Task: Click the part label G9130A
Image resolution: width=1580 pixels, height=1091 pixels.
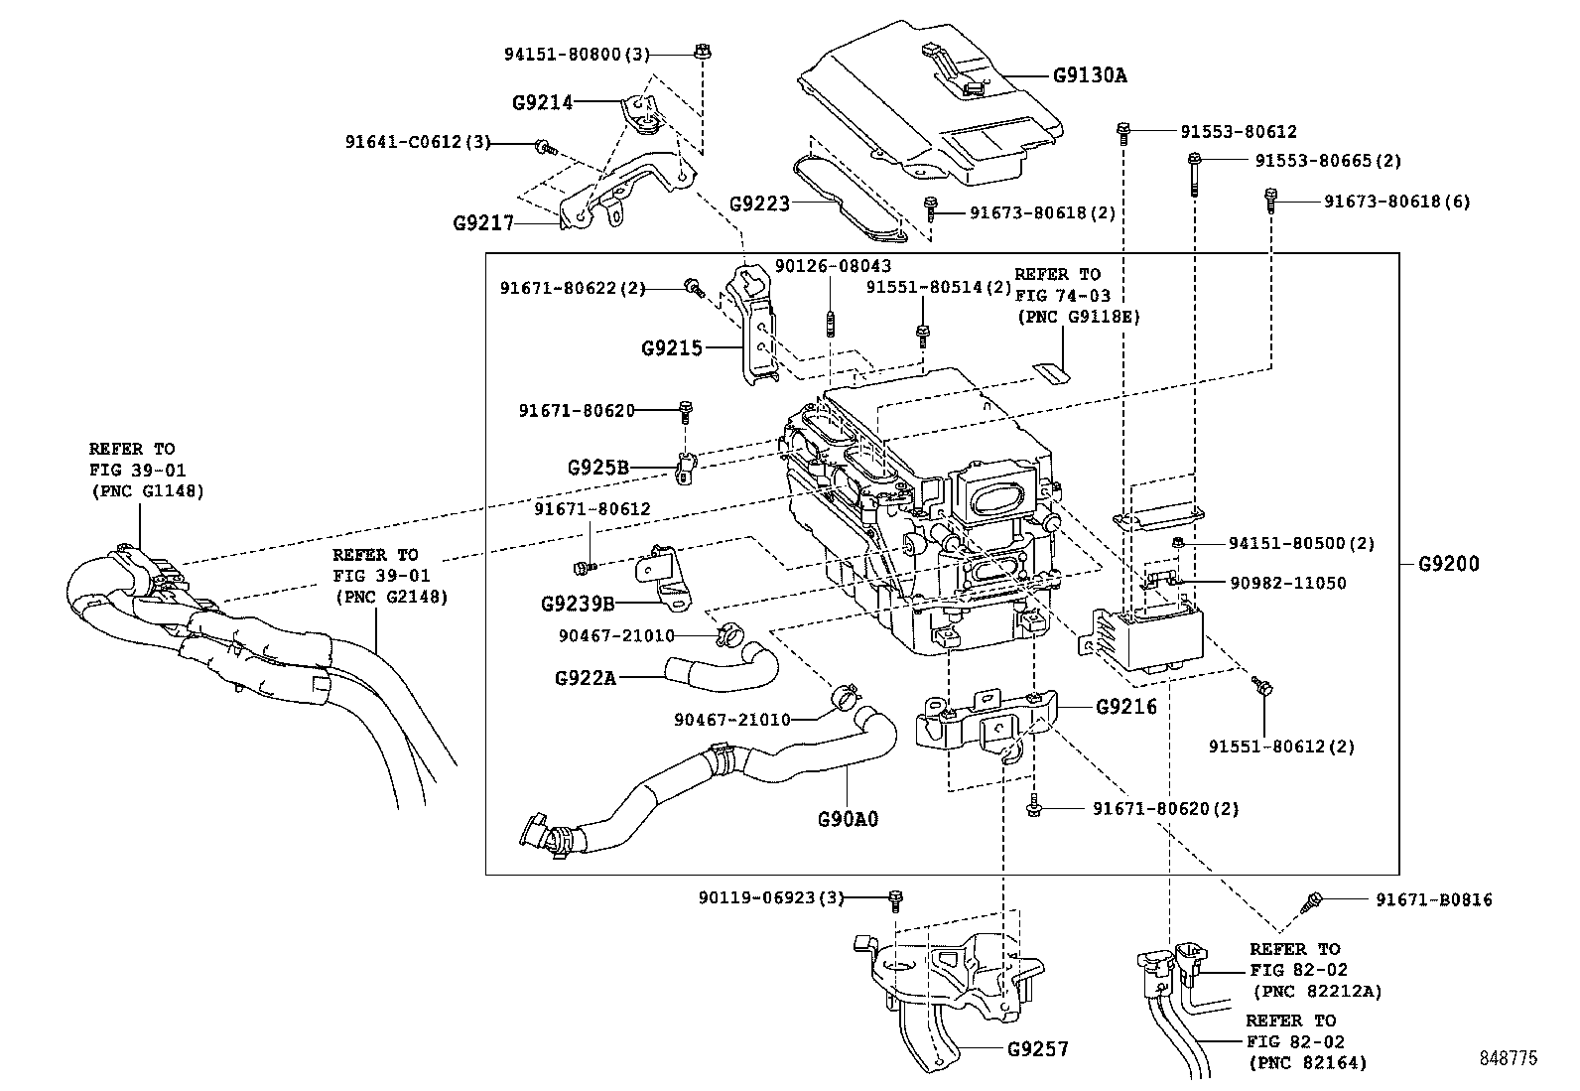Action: point(1091,74)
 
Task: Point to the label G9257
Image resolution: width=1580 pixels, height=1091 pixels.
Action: point(1038,1049)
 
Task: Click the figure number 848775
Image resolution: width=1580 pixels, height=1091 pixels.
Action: point(1506,1059)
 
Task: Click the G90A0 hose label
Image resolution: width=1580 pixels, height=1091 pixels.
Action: point(849,820)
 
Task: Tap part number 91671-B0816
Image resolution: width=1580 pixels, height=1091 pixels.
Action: point(1433,900)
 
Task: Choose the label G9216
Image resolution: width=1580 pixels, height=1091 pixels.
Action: point(1126,708)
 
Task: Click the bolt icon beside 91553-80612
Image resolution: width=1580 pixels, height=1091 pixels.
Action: point(1123,129)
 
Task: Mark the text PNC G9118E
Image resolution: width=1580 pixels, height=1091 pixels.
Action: point(1077,318)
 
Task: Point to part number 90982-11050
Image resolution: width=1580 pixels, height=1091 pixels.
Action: point(1287,583)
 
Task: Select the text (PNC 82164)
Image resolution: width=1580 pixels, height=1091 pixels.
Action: point(1307,1063)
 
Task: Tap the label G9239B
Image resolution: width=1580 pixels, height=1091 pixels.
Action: point(578,604)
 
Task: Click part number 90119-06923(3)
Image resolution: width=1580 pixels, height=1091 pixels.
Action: point(770,898)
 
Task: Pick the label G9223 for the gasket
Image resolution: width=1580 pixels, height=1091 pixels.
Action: point(759,205)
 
